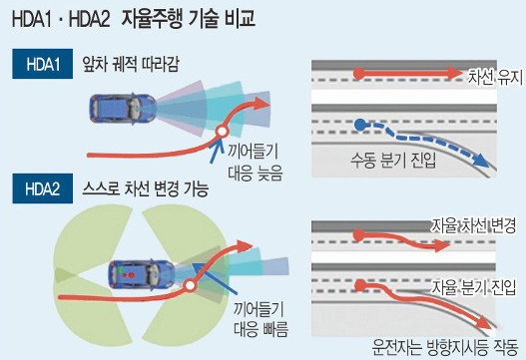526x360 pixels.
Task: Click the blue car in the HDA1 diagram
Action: (123, 106)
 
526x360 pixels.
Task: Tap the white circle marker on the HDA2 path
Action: (188, 289)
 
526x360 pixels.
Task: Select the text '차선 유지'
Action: (489, 74)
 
